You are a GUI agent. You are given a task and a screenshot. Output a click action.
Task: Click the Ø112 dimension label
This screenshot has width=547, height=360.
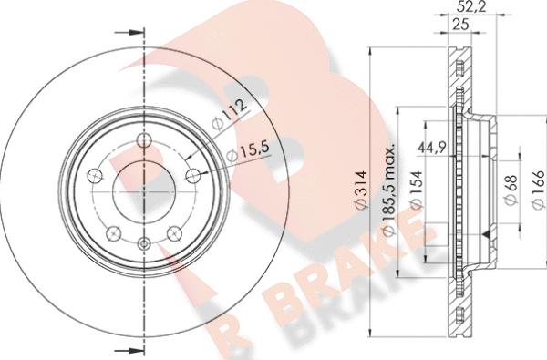229,113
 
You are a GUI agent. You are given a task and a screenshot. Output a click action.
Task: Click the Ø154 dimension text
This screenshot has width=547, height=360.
417,190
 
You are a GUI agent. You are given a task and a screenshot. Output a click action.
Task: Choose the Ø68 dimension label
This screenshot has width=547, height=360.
511,190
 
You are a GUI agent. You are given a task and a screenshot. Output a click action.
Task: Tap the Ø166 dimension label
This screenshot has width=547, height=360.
540,190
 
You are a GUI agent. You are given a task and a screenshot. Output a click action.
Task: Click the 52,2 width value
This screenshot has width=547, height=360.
469,6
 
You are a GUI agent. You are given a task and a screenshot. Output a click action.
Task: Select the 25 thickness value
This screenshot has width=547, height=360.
460,25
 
